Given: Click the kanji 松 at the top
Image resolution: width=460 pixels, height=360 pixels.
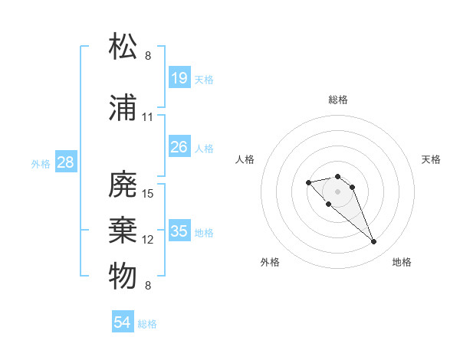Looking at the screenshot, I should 123,47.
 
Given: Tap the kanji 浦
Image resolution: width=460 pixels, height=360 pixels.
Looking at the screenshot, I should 123,108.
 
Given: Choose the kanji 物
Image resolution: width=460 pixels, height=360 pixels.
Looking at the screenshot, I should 123,277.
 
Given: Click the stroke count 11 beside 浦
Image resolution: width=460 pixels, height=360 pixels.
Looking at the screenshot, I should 148,117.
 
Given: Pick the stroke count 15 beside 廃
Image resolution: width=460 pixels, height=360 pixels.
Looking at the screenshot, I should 148,194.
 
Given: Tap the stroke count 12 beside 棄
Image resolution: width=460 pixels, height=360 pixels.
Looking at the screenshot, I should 148,240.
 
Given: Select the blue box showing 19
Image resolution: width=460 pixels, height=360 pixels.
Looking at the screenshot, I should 179,77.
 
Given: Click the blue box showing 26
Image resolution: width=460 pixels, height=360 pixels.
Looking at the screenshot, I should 179,146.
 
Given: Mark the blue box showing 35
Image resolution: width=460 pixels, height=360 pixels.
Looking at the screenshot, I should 179,231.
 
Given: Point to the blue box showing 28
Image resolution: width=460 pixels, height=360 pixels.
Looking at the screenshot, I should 65,162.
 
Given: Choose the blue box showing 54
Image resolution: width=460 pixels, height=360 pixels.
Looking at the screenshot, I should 123,322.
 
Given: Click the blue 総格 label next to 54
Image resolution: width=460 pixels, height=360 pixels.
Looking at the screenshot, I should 147,324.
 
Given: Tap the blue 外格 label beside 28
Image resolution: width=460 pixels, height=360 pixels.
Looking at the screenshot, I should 41,163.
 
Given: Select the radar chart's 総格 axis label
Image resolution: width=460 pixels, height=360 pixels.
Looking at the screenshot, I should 337,100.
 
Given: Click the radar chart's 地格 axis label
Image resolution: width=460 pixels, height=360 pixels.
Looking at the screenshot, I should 402,262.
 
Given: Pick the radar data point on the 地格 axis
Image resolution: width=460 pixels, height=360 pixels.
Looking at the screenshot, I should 373,242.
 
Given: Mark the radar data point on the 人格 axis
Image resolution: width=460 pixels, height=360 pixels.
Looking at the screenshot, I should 308,182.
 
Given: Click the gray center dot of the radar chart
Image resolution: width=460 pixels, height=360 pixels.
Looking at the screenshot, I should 337,191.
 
